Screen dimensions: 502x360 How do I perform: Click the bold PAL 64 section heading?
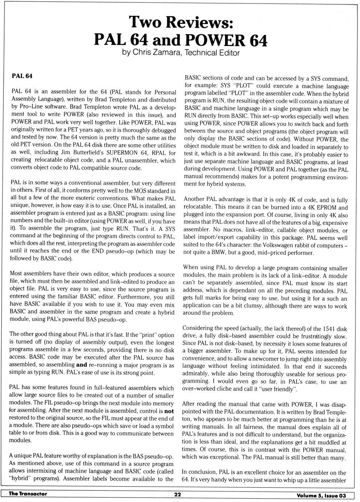[22, 76]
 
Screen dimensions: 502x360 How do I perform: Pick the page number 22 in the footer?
[178, 495]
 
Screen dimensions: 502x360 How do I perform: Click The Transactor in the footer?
[28, 494]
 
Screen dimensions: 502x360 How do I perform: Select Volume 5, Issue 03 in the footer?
[321, 496]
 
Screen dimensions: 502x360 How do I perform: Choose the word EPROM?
[323, 207]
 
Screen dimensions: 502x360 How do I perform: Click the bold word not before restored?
[169, 411]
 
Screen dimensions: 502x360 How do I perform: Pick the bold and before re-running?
[81, 364]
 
